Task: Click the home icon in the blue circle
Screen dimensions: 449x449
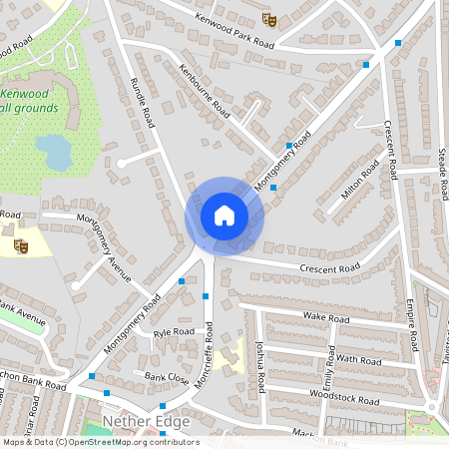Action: [224, 215]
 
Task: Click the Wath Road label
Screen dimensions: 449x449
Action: [358, 357]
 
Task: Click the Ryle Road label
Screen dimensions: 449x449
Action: [175, 331]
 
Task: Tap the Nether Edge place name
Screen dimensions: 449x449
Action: [146, 423]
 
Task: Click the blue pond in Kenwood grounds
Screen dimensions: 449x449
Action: [54, 153]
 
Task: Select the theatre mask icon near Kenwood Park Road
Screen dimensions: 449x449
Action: [267, 18]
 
